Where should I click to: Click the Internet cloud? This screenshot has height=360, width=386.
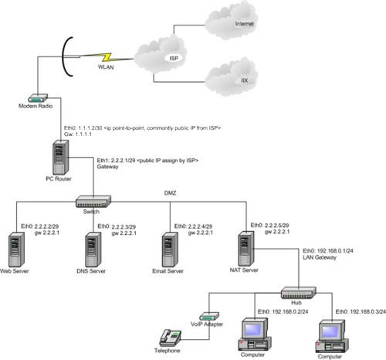point(235,25)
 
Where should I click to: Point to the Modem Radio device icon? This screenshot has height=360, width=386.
point(36,98)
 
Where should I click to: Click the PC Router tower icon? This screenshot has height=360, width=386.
point(61,157)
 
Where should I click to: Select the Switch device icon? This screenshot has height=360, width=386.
point(93,201)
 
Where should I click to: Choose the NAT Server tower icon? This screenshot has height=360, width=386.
point(246,246)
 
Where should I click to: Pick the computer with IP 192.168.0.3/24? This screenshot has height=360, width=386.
point(330,336)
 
